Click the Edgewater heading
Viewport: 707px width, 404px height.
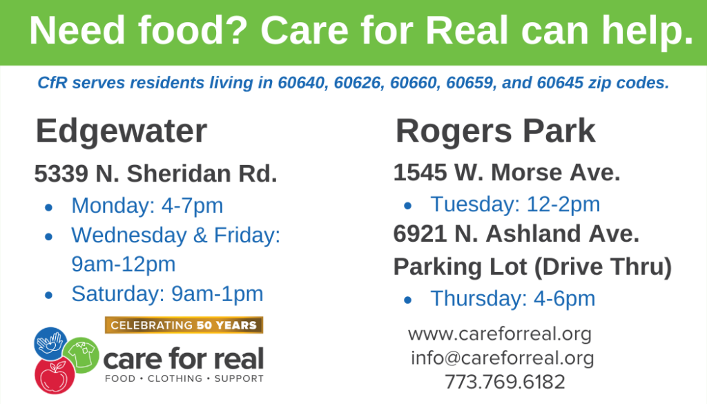pyautogui.click(x=122, y=132)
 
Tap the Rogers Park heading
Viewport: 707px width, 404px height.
pyautogui.click(x=495, y=132)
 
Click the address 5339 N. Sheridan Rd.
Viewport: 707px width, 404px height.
pyautogui.click(x=155, y=173)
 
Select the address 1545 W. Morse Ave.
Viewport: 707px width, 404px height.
pyautogui.click(x=506, y=172)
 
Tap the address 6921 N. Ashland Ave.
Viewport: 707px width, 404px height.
pyautogui.click(x=516, y=233)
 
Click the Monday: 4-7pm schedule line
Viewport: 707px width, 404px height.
pyautogui.click(x=148, y=206)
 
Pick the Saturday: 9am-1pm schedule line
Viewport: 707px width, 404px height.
pyautogui.click(x=167, y=294)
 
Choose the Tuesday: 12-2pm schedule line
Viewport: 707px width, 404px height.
pyautogui.click(x=515, y=204)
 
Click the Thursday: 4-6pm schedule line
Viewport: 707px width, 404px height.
pyautogui.click(x=513, y=298)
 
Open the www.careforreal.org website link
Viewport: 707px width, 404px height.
pyautogui.click(x=500, y=334)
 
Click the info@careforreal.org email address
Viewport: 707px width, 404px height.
pyautogui.click(x=503, y=358)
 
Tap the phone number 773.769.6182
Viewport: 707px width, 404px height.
pyautogui.click(x=505, y=382)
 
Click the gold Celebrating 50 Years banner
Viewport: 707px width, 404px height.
pyautogui.click(x=184, y=325)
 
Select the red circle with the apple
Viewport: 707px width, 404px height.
pyautogui.click(x=55, y=376)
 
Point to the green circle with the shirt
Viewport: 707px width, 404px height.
pyautogui.click(x=81, y=355)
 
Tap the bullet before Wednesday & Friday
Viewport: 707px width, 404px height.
pyautogui.click(x=49, y=236)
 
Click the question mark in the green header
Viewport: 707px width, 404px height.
pyautogui.click(x=236, y=30)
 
